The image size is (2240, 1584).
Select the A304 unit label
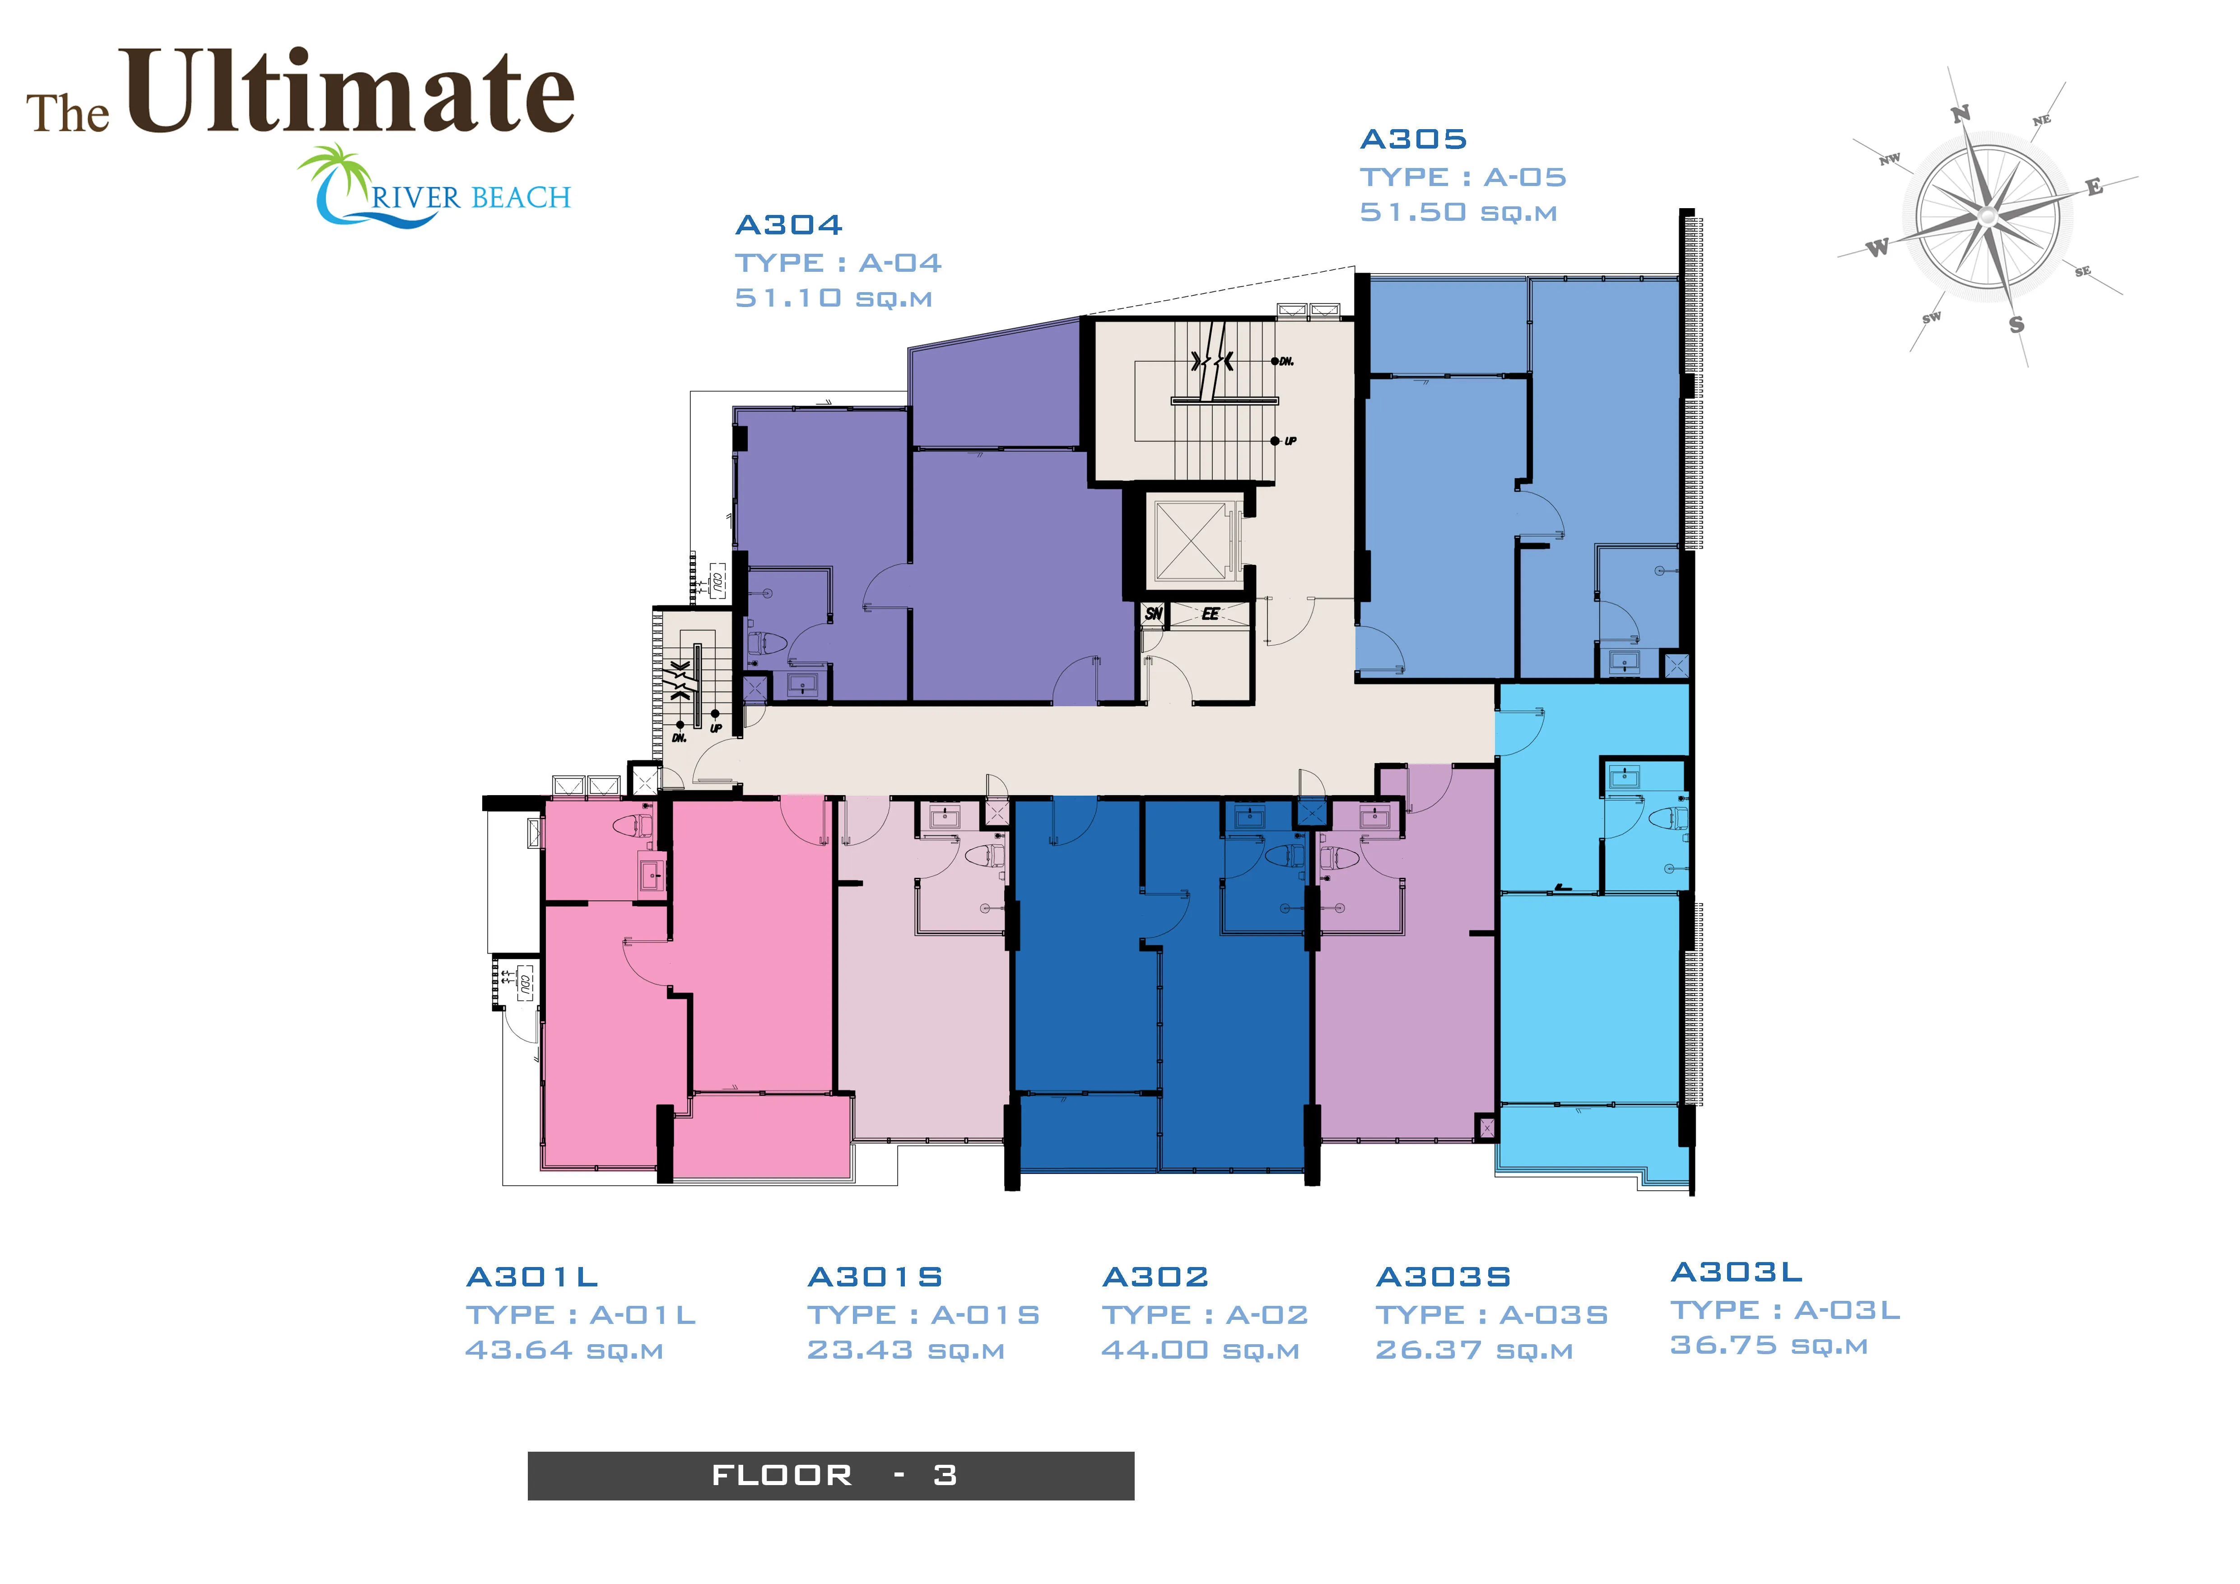(788, 225)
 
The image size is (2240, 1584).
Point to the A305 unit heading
(1414, 140)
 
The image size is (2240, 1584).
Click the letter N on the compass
(1960, 114)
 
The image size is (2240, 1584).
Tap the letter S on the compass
(2016, 325)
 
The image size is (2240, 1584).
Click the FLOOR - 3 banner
(831, 1476)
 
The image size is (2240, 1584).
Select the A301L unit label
(532, 1277)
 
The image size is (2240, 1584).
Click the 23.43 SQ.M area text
(905, 1351)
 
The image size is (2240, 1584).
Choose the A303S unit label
(1443, 1277)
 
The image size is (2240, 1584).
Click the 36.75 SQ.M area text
(1769, 1346)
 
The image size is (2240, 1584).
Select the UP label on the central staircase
(1291, 441)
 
